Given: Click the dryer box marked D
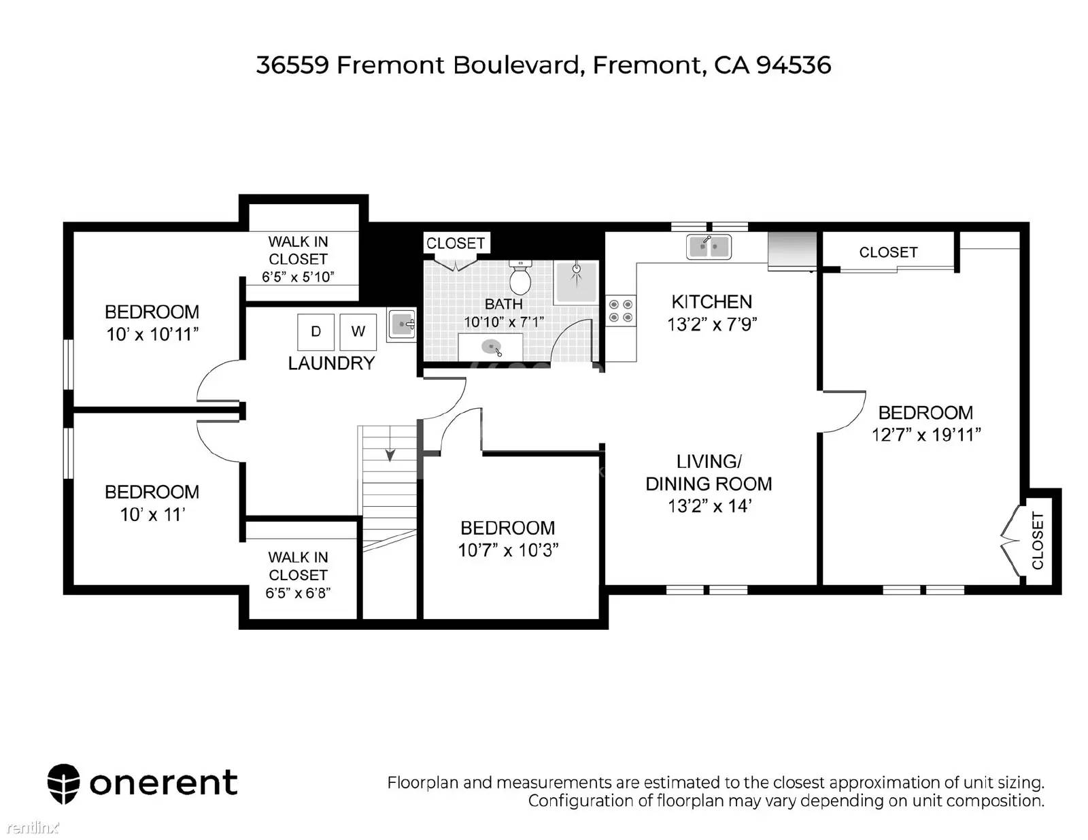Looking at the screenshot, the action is click(316, 332).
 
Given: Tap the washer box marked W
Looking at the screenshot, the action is click(358, 332).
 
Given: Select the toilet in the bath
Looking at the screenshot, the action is click(520, 278).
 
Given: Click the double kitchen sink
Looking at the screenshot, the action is click(709, 247).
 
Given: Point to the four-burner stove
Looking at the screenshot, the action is click(621, 311).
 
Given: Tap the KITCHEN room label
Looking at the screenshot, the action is click(711, 302).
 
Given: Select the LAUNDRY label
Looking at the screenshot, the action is click(331, 363).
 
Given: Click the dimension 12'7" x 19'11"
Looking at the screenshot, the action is click(925, 435).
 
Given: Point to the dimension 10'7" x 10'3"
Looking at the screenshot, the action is click(508, 550).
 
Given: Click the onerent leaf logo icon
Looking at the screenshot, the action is click(64, 784).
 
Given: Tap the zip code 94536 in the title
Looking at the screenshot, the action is click(794, 65).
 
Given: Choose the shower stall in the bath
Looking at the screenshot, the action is click(576, 282).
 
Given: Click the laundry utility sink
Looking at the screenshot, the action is click(402, 325).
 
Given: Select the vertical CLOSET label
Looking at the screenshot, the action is click(1038, 541).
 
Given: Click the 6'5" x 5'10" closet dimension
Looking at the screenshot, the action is click(298, 277).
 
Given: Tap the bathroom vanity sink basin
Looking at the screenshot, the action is click(491, 346).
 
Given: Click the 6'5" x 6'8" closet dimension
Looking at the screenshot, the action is click(298, 593).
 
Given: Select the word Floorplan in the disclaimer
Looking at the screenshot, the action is click(424, 782).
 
